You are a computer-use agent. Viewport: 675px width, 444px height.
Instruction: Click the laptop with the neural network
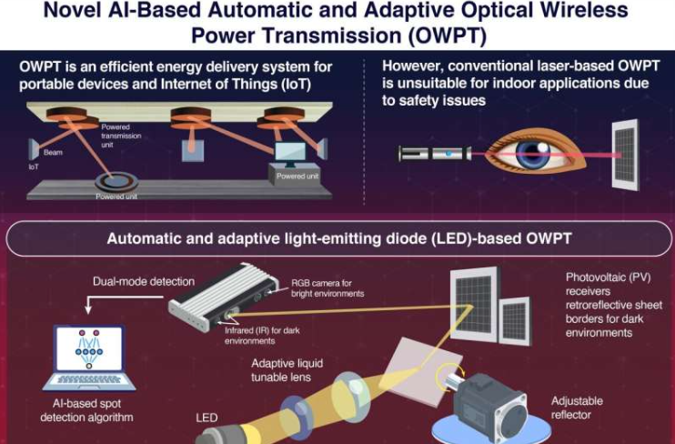[89, 358]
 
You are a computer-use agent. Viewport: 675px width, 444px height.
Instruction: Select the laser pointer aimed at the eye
[435, 154]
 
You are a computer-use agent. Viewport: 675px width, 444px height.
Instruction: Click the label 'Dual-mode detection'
[144, 282]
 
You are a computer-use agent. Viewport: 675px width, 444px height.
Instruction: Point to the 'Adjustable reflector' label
[577, 408]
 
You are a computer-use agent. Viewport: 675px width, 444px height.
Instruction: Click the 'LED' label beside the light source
[207, 418]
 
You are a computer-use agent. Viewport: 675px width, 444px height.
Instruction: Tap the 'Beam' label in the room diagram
[53, 153]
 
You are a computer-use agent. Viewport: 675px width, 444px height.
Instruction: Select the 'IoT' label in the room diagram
[34, 166]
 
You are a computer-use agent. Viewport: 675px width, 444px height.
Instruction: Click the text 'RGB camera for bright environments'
[327, 288]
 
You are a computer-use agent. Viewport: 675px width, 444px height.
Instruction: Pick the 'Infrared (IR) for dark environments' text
[262, 336]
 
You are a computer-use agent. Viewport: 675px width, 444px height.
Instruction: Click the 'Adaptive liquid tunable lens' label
[287, 370]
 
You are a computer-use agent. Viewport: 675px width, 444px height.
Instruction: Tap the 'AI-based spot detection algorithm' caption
[86, 410]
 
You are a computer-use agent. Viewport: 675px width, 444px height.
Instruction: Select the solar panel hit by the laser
[626, 155]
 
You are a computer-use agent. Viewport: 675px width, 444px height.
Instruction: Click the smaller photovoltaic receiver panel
[515, 321]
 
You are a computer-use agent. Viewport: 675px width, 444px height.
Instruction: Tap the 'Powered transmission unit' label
[121, 136]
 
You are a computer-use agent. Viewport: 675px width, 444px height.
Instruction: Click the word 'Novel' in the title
[72, 10]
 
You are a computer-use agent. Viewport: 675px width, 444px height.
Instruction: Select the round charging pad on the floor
[116, 183]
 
